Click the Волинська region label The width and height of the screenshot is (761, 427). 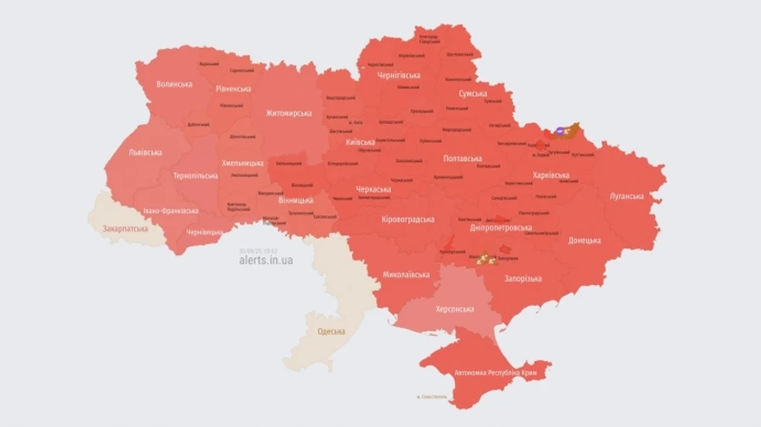(x=174, y=85)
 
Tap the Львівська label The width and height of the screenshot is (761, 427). (x=145, y=153)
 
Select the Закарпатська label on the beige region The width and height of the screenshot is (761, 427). (x=125, y=228)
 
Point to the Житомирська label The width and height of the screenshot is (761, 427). (x=288, y=112)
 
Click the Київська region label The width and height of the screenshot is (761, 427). (x=361, y=142)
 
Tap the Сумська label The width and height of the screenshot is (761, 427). (x=472, y=94)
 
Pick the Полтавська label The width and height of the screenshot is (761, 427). (x=463, y=158)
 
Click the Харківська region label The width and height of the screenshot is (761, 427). (x=550, y=176)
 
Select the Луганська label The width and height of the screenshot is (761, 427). (x=627, y=196)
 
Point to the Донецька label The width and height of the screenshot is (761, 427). (x=584, y=240)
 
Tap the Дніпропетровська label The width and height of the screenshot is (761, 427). (x=501, y=227)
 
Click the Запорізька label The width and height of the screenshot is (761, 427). (x=523, y=278)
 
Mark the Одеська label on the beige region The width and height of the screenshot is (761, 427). (x=331, y=331)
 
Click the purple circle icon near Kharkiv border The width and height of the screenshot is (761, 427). (x=561, y=131)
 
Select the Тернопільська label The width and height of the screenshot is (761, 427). (x=195, y=176)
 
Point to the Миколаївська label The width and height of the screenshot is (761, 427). (x=406, y=275)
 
